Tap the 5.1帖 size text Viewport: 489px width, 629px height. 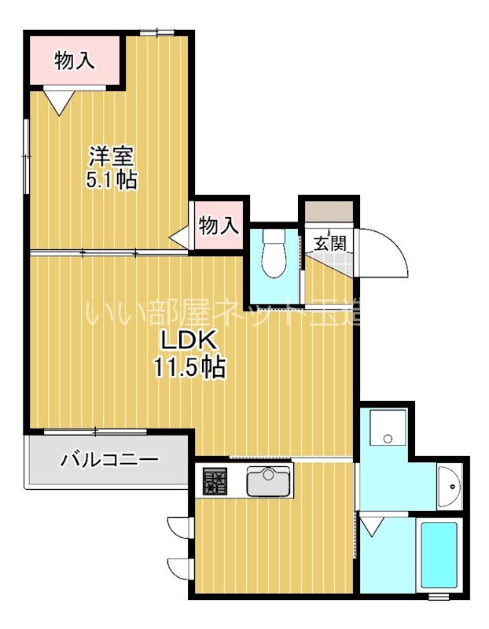(111, 180)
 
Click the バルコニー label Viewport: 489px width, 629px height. (109, 460)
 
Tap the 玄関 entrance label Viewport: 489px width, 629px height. (329, 243)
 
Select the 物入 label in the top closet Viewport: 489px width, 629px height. (76, 60)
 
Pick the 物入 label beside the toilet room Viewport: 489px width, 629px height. (218, 226)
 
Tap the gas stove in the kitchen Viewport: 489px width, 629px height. (214, 480)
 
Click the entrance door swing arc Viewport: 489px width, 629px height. (385, 252)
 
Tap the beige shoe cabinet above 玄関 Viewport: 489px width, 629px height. (329, 212)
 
